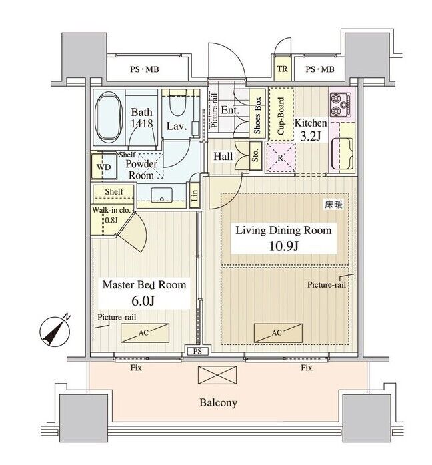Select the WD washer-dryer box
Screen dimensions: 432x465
coord(103,166)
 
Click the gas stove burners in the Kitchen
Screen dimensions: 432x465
coord(341,105)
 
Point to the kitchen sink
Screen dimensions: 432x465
coord(343,153)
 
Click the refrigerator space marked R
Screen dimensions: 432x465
coord(281,157)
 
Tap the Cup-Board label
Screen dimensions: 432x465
coord(281,115)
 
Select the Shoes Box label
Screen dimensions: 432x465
coord(257,115)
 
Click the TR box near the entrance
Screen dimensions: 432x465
coord(283,69)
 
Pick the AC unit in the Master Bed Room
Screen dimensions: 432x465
coord(145,332)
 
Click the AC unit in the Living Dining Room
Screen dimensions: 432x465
coord(278,332)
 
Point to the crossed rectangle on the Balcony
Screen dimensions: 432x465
coord(217,375)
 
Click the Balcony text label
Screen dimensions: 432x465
coord(219,403)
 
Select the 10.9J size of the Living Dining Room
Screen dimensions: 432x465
coord(283,246)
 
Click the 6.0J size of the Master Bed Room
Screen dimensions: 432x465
coord(143,301)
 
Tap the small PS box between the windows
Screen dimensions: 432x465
coord(197,352)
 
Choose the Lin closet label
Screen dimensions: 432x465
coord(195,195)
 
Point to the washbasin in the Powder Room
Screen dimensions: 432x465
coord(162,195)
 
